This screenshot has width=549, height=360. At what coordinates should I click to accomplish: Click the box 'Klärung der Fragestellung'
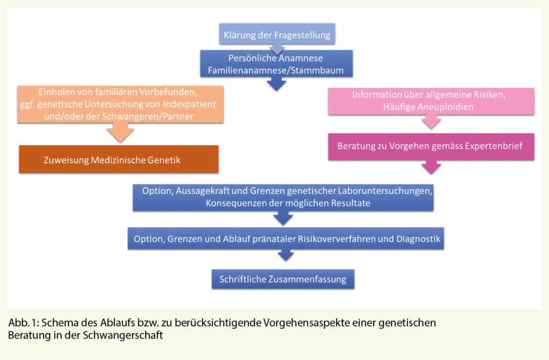point(277,35)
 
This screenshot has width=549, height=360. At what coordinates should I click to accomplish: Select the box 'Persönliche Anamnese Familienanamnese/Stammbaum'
point(276,64)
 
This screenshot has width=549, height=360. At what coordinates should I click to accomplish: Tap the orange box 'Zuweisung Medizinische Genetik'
point(118,159)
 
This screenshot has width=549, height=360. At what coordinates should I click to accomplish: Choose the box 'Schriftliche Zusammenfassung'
point(283,279)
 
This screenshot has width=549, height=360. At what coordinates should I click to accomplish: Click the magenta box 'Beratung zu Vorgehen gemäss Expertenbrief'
point(431,146)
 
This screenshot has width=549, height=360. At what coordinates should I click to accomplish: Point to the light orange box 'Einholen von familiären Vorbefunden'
point(120,104)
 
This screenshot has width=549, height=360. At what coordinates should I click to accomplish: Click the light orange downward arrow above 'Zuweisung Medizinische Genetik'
point(120,133)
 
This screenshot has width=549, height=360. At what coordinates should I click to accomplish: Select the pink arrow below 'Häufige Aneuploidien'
point(431,123)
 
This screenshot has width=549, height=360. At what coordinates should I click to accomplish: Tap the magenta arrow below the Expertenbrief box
point(431,167)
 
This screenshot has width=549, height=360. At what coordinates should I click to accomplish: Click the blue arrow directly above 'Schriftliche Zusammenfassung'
point(285,256)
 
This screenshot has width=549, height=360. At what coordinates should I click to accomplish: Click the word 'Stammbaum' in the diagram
point(320,70)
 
